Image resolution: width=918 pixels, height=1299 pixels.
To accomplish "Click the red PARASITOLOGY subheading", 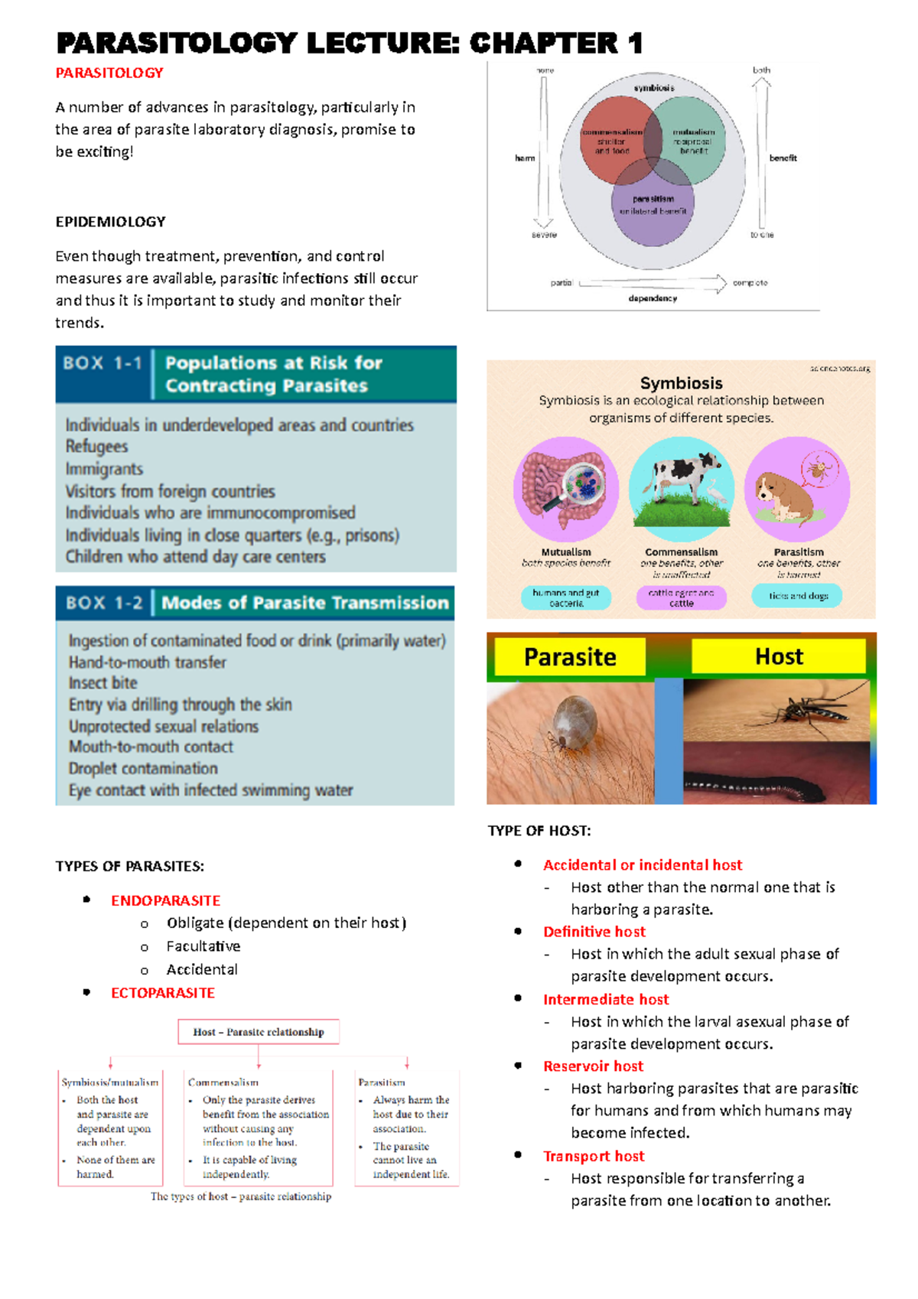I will [x=109, y=73].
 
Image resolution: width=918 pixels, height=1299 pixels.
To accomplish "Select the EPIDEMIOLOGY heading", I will [x=110, y=222].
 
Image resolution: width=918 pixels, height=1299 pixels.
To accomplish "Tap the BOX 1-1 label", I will [x=103, y=363].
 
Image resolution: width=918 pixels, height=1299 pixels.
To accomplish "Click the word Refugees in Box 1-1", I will [x=96, y=447].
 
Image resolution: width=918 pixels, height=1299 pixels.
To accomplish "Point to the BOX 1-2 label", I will [x=104, y=603].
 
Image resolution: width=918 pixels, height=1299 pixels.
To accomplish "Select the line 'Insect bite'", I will [x=103, y=683].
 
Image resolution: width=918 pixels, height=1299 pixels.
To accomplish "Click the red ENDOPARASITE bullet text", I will [x=165, y=901].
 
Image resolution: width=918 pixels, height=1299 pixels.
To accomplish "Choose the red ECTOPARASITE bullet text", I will [x=163, y=993].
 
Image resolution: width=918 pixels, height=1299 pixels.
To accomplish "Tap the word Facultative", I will [x=203, y=946].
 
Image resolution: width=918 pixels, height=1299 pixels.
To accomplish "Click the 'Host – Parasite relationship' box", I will [x=259, y=1032].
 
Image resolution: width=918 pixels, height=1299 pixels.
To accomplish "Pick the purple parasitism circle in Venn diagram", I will [x=653, y=218].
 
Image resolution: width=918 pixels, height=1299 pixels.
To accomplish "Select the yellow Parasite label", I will [x=570, y=657].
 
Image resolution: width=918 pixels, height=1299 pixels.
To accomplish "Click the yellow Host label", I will [x=779, y=656].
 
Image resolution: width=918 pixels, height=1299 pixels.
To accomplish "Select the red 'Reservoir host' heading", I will [x=593, y=1066].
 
